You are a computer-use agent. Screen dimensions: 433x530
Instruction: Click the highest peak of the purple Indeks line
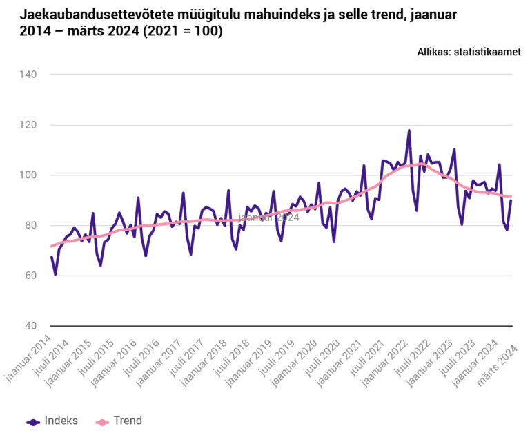pos(409,131)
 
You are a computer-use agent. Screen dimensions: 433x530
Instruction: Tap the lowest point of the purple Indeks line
pos(55,274)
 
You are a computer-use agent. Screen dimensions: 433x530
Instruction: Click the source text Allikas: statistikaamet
pos(469,52)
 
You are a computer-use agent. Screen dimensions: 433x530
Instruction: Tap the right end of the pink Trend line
pos(511,196)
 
